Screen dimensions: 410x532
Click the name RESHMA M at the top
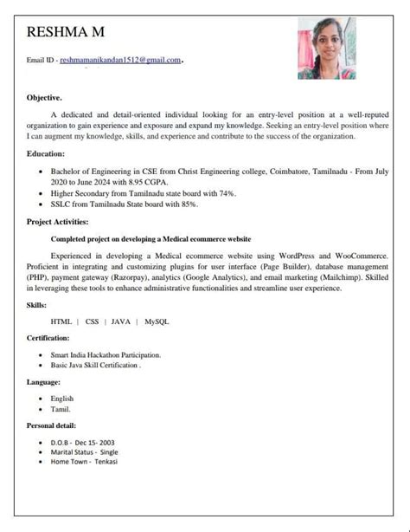pyautogui.click(x=66, y=33)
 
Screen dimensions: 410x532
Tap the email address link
pyautogui.click(x=120, y=60)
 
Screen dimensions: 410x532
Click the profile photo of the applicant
pyautogui.click(x=326, y=49)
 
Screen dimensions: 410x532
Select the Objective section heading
pyautogui.click(x=44, y=98)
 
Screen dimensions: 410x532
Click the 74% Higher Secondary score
pyautogui.click(x=227, y=193)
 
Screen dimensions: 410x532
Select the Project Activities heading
pyautogui.click(x=61, y=222)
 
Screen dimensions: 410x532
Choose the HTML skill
pyautogui.click(x=61, y=321)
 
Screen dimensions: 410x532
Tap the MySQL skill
pyautogui.click(x=157, y=321)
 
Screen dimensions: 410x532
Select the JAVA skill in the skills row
pyautogui.click(x=120, y=321)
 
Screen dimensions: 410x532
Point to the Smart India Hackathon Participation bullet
pyautogui.click(x=106, y=354)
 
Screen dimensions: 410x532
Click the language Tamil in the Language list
pyautogui.click(x=61, y=409)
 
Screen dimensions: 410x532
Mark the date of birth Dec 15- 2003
pyautogui.click(x=94, y=442)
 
